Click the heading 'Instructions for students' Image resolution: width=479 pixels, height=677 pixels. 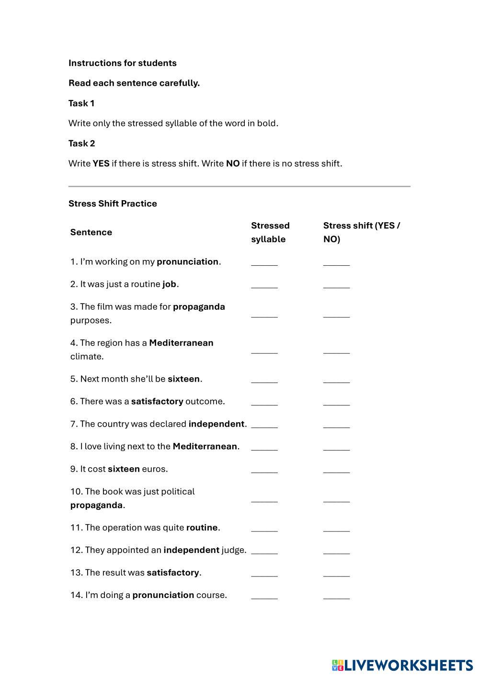pyautogui.click(x=122, y=63)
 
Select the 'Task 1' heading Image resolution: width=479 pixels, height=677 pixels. pyautogui.click(x=81, y=103)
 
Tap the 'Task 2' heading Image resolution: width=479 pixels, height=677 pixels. pyautogui.click(x=81, y=144)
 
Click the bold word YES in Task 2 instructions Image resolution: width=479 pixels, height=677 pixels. pyautogui.click(x=101, y=164)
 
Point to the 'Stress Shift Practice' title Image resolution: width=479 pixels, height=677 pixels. pyautogui.click(x=113, y=203)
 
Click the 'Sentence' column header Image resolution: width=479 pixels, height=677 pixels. pyautogui.click(x=91, y=232)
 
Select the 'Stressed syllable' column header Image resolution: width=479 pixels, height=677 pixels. pyautogui.click(x=270, y=232)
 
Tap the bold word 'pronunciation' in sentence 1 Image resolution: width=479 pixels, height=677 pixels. pyautogui.click(x=187, y=262)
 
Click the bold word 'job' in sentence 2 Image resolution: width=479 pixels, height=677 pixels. pyautogui.click(x=169, y=284)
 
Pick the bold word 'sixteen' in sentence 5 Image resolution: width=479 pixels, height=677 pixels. pyautogui.click(x=183, y=379)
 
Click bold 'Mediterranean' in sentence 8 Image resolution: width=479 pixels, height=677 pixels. pyautogui.click(x=205, y=447)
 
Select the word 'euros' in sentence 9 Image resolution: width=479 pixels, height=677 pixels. pyautogui.click(x=155, y=469)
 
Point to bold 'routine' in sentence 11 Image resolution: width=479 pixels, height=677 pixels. pyautogui.click(x=202, y=528)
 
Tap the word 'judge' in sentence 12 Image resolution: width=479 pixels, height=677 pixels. pyautogui.click(x=233, y=550)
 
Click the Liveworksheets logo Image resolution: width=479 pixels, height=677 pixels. pyautogui.click(x=402, y=665)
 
